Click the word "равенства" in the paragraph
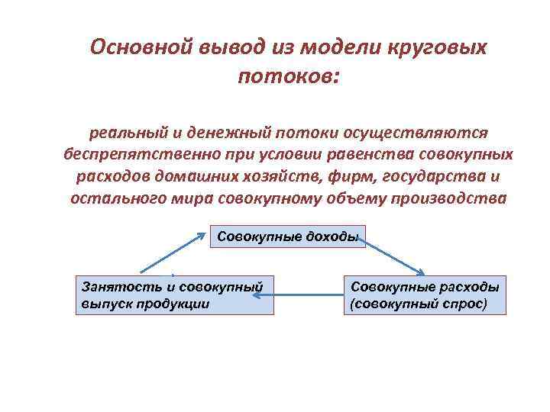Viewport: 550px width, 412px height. pyautogui.click(x=371, y=155)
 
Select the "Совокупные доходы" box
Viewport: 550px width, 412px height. pyautogui.click(x=287, y=237)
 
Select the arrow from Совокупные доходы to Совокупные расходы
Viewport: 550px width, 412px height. pyautogui.click(x=394, y=255)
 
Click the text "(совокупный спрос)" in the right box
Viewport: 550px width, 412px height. pyautogui.click(x=418, y=303)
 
